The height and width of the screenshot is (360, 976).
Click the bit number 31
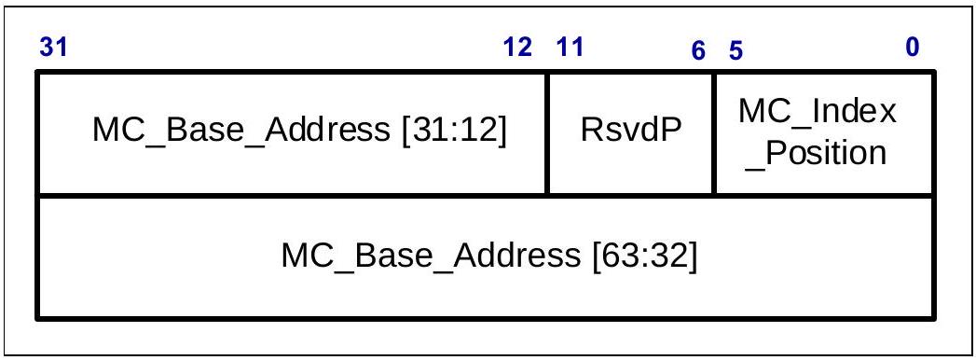pyautogui.click(x=53, y=48)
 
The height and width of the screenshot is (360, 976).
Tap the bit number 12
pyautogui.click(x=517, y=48)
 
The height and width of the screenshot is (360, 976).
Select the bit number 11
pyautogui.click(x=570, y=48)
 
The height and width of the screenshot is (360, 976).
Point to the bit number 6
pyautogui.click(x=698, y=51)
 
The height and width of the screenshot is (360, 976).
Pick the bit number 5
pyautogui.click(x=735, y=51)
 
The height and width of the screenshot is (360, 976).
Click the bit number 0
pyautogui.click(x=913, y=48)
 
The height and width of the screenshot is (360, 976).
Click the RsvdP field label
pyautogui.click(x=631, y=131)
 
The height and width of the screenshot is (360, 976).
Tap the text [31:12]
pyautogui.click(x=454, y=131)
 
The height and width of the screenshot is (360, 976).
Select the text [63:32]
pyautogui.click(x=645, y=256)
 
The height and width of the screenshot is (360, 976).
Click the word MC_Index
pyautogui.click(x=818, y=112)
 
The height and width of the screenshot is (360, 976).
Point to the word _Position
pyautogui.click(x=816, y=153)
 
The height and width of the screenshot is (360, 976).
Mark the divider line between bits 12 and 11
pyautogui.click(x=547, y=133)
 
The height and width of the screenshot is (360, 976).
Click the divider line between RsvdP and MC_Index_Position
pyautogui.click(x=715, y=133)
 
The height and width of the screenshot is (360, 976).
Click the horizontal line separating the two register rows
pyautogui.click(x=486, y=197)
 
